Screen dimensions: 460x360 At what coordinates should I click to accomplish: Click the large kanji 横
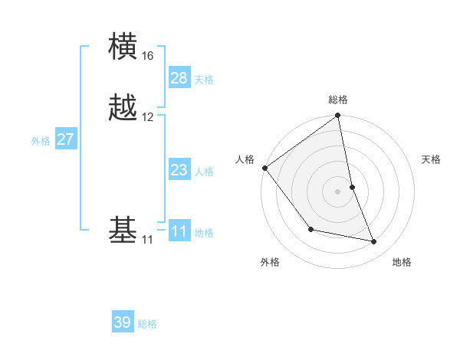[123, 47]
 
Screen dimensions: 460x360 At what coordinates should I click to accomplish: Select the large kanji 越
[123, 106]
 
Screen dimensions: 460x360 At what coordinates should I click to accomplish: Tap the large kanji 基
[123, 229]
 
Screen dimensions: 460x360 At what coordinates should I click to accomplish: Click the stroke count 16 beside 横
[147, 56]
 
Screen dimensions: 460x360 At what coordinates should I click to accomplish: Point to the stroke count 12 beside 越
[147, 117]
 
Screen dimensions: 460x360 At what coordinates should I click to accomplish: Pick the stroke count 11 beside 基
[147, 240]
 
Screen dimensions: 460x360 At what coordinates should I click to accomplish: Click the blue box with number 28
[179, 77]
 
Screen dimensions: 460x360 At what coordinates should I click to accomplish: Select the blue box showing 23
[179, 170]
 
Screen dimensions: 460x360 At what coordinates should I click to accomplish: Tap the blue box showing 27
[65, 139]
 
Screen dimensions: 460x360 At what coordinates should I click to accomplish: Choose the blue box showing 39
[123, 322]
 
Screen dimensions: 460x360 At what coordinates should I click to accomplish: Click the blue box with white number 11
[179, 231]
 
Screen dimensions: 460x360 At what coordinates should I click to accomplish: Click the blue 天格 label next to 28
[204, 79]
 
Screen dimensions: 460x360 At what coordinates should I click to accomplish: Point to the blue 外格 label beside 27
[41, 140]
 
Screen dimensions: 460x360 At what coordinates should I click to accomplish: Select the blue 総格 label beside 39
[147, 324]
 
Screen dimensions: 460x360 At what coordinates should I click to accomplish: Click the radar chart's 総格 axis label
[338, 100]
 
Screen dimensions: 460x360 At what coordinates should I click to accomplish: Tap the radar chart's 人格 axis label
[245, 159]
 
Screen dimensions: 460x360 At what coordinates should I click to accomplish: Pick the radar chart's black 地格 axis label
[402, 262]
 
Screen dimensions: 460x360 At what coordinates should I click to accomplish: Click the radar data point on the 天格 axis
[353, 187]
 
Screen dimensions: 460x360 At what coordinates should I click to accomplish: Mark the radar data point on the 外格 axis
[310, 229]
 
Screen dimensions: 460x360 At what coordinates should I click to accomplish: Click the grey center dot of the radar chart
[338, 191]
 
